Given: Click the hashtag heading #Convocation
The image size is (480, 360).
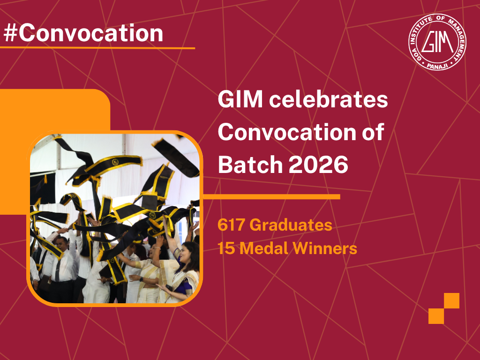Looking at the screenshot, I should point(83,33).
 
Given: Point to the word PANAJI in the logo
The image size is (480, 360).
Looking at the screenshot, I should point(437,66).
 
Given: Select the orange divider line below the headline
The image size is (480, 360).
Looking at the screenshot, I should point(272,197).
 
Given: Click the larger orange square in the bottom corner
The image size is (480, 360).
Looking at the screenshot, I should point(436,316).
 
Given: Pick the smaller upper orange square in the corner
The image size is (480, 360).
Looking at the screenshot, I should point(451,300).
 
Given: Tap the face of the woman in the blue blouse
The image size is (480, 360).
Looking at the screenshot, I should point(190,253).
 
